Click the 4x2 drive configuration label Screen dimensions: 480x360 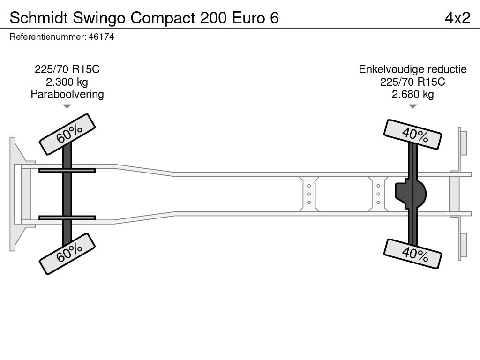(457, 18)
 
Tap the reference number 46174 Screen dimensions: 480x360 (101, 37)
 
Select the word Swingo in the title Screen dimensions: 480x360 (99, 18)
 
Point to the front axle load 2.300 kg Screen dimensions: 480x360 (67, 82)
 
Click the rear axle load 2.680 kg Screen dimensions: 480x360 (412, 94)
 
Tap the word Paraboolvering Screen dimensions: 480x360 (67, 94)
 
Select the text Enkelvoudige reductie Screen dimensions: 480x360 (412, 69)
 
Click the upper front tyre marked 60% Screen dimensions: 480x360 (67, 134)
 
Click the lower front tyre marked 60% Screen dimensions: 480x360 (67, 254)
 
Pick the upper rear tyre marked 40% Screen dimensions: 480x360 (412, 135)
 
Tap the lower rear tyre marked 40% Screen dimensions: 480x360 (412, 254)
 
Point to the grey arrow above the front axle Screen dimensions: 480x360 (67, 106)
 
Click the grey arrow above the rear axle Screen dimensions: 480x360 (412, 106)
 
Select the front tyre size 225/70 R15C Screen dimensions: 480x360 (67, 69)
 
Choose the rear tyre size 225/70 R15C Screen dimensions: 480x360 (412, 82)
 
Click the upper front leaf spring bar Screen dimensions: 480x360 (67, 170)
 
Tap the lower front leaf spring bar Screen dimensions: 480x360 (67, 218)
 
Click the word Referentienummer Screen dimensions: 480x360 (48, 37)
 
